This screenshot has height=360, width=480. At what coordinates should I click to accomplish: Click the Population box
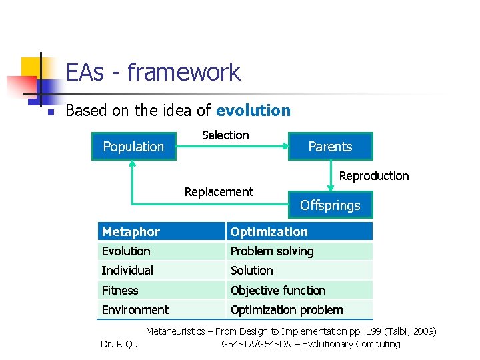tap(133, 147)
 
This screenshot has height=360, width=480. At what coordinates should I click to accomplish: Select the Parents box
tap(330, 147)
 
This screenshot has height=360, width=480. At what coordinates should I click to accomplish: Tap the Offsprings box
tap(330, 205)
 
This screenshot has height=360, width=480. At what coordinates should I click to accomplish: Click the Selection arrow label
tap(225, 135)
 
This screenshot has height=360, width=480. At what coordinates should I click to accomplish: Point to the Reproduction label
tap(374, 176)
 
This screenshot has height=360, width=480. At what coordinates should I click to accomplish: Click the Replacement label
tap(219, 192)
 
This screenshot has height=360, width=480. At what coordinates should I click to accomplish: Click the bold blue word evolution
tap(253, 111)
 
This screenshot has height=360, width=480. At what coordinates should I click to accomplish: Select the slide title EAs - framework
tap(153, 72)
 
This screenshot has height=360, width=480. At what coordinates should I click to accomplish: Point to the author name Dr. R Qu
tap(119, 345)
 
